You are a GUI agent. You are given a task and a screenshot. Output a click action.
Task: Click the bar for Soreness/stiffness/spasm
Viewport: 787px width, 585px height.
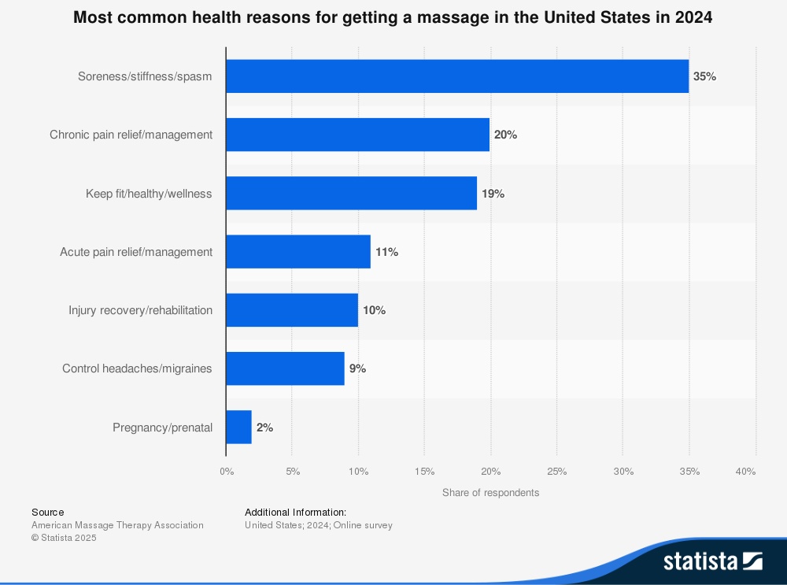[x=457, y=76]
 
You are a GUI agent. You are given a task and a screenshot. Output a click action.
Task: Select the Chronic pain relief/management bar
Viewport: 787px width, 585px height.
[x=358, y=135]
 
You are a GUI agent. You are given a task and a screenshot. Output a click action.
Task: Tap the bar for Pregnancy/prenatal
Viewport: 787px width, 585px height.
[x=238, y=428]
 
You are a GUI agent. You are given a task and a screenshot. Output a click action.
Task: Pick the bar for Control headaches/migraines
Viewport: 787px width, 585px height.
[x=285, y=368]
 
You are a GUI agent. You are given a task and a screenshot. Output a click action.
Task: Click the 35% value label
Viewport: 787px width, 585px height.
[x=704, y=76]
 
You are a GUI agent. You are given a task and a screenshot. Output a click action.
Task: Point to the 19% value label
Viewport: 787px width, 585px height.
[x=493, y=194]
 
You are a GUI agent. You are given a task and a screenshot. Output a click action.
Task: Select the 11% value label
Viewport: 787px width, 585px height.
[x=386, y=252]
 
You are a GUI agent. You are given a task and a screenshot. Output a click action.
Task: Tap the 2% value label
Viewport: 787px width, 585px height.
[x=264, y=428]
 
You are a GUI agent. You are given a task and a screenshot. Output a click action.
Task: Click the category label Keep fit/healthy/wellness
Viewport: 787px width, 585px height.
[x=149, y=194]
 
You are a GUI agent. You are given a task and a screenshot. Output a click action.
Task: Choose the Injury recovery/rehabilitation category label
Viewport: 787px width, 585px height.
[x=140, y=310]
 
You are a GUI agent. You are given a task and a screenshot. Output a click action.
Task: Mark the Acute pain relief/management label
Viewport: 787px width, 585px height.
[x=136, y=252]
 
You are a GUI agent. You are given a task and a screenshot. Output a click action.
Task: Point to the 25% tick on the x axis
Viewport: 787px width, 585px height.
[x=556, y=472]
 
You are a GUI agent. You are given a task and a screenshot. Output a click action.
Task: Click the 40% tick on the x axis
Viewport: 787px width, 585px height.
[x=745, y=472]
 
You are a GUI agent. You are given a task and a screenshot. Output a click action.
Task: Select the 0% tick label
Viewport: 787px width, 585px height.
[x=227, y=472]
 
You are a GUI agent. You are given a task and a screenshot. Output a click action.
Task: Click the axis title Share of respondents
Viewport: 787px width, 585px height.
[x=490, y=493]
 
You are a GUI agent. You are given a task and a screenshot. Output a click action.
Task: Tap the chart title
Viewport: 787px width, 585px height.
[x=393, y=18]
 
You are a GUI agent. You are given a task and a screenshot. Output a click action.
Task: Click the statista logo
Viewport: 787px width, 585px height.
[x=712, y=561]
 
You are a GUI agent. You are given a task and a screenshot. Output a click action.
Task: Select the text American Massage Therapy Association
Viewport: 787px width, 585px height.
[x=117, y=525]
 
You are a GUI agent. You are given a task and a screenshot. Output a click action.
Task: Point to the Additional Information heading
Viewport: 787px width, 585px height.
[x=295, y=512]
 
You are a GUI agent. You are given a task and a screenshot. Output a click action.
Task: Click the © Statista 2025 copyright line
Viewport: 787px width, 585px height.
[x=64, y=538]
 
